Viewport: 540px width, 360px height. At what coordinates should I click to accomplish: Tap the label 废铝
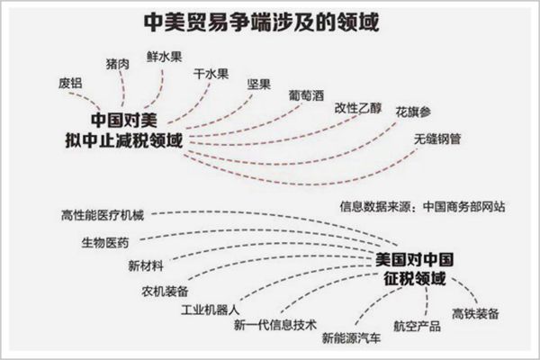[x=70, y=84]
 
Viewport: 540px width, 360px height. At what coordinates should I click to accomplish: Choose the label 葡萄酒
[x=309, y=94]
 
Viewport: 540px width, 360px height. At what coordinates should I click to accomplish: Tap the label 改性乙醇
[x=358, y=106]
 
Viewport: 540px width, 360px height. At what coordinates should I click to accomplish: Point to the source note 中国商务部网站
[x=463, y=205]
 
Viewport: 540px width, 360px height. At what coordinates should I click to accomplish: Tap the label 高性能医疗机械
[x=98, y=215]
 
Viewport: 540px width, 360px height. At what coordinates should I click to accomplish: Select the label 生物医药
[x=105, y=242]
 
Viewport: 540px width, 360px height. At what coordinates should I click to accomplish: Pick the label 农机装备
[x=164, y=292]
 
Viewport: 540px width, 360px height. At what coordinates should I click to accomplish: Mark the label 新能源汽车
[x=351, y=337]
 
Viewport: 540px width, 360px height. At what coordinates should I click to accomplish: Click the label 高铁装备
[x=477, y=314]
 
